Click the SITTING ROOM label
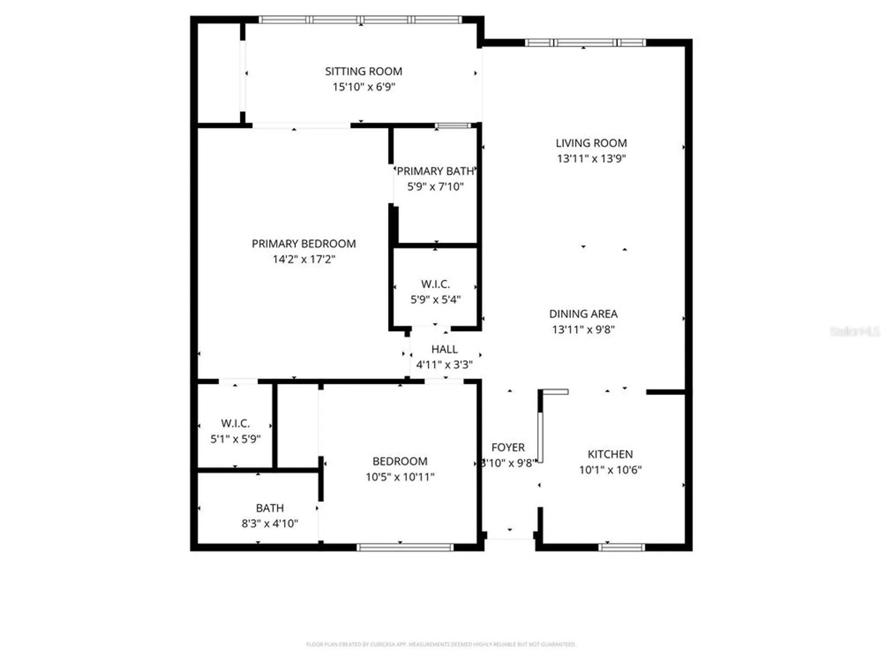363,71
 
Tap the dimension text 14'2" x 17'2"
304,259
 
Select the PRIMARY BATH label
435,171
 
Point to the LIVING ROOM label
591,143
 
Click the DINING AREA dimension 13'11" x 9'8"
583,329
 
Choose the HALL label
444,349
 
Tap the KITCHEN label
610,454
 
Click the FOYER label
508,448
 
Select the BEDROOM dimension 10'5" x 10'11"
400,477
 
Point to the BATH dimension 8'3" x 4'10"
269,523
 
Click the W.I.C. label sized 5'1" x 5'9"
235,423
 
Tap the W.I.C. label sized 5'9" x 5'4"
435,284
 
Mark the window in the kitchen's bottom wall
621,548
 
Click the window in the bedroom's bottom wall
405,548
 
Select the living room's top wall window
585,43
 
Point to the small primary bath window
453,126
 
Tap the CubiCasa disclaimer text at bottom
441,644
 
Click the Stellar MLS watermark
854,331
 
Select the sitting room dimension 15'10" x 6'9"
363,87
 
